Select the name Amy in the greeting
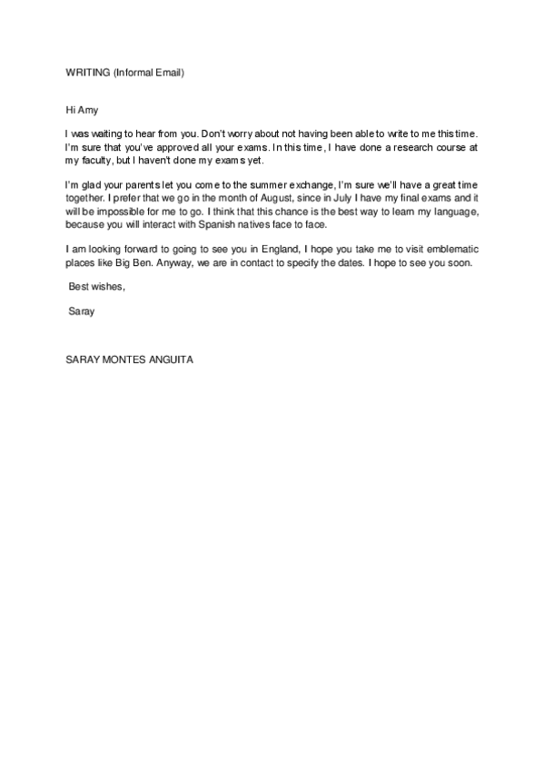(x=86, y=109)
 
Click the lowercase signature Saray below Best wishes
(x=82, y=311)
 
